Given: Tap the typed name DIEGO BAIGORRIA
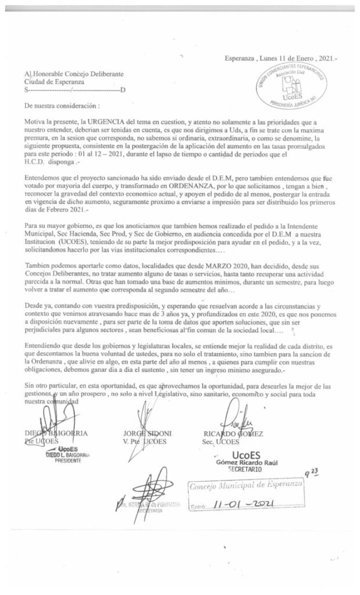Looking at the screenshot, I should [x=56, y=433].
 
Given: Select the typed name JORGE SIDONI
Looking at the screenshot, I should [x=147, y=433].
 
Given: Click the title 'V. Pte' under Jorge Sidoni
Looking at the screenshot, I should [x=133, y=442].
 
